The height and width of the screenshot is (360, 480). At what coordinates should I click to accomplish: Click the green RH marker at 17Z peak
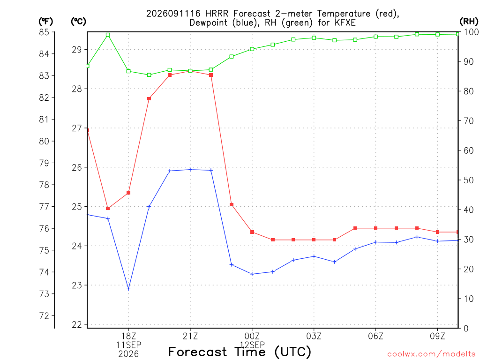pos(108,35)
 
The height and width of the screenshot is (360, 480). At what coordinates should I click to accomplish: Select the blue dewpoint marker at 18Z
pos(128,289)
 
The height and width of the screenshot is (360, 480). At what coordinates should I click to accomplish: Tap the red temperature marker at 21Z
pos(190,71)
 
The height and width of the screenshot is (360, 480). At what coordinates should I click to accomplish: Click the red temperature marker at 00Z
pos(252,232)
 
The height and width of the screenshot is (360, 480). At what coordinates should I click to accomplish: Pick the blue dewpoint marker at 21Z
pos(190,170)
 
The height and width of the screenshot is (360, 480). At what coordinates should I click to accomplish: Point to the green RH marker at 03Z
pos(314,38)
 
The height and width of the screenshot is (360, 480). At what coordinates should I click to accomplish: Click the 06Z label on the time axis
pos(375,336)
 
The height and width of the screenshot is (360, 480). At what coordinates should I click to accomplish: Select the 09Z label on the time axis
pos(437,336)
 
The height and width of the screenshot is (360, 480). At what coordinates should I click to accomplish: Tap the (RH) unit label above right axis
pos(469,22)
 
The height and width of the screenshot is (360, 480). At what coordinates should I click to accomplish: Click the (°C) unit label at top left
pos(78,22)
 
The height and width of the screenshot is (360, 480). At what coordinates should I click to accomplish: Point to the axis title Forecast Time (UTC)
pos(240,352)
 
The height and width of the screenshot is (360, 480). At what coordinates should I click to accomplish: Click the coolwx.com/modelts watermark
pos(432,354)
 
